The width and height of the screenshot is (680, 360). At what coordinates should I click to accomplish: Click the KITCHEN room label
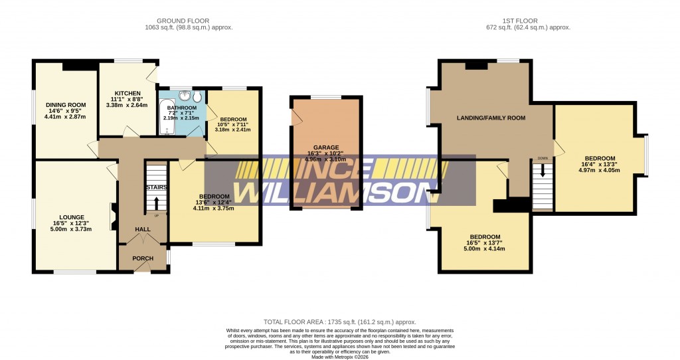click(x=127, y=93)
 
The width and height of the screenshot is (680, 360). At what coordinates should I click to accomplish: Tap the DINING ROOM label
click(x=66, y=105)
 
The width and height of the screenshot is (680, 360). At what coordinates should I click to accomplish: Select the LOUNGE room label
click(x=71, y=217)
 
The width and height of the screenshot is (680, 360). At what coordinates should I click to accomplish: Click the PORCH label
click(x=143, y=258)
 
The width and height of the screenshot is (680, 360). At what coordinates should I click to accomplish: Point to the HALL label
click(x=143, y=229)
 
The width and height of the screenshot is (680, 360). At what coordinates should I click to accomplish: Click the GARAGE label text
click(x=326, y=147)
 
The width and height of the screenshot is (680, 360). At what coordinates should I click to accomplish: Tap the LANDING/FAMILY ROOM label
click(x=491, y=118)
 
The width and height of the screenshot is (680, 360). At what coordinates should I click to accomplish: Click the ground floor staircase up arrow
click(x=157, y=202)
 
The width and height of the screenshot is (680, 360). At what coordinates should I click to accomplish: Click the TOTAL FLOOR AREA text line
click(x=339, y=321)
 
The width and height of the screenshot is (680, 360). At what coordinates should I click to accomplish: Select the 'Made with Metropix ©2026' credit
click(x=340, y=357)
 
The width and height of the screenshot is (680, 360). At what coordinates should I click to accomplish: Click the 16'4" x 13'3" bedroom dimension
click(x=600, y=163)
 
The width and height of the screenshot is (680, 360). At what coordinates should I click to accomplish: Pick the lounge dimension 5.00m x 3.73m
click(x=71, y=229)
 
